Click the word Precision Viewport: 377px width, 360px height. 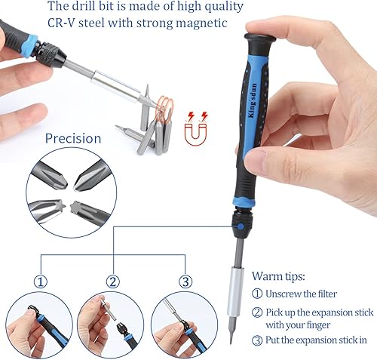[x=72, y=138]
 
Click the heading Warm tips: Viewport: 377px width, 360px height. [x=279, y=276]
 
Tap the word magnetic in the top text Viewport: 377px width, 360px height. [x=201, y=23]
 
